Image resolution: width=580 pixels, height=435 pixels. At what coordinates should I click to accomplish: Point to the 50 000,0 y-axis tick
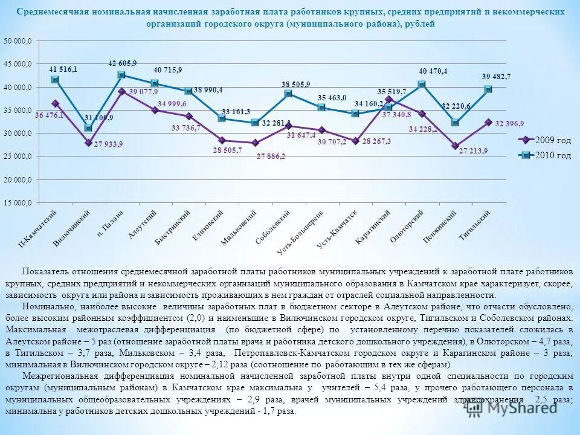[19, 41]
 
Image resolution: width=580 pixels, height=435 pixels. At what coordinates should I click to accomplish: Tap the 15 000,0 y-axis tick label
[19, 203]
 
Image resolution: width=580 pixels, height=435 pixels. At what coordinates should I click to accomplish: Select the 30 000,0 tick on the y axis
[19, 134]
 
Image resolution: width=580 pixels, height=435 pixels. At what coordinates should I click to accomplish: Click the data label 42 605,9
[123, 63]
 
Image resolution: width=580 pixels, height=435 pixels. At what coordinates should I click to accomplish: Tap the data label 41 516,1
[63, 69]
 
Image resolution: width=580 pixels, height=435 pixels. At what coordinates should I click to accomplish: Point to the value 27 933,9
[109, 144]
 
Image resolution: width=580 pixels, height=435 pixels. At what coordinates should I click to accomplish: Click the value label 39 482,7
[496, 77]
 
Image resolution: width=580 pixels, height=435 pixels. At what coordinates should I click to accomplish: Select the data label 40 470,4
[433, 71]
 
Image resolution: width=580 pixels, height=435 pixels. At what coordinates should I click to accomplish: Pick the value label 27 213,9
[473, 150]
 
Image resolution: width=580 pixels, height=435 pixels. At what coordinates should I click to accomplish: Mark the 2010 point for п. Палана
[121, 75]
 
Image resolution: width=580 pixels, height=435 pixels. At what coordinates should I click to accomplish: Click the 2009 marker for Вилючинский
[88, 143]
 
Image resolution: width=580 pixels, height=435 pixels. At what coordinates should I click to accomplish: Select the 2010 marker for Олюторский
[422, 85]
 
